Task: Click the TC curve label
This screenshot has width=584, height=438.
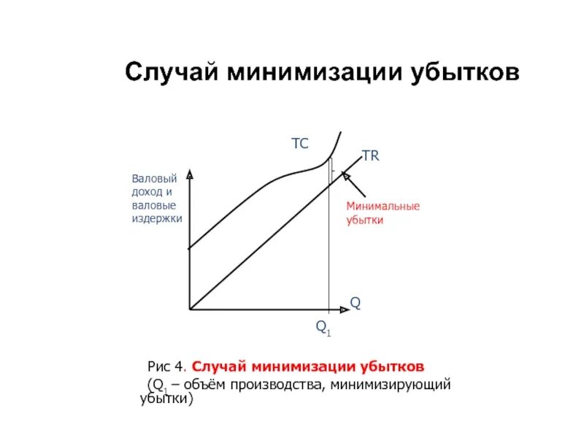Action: pyautogui.click(x=300, y=145)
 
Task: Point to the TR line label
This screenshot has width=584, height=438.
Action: pyautogui.click(x=371, y=156)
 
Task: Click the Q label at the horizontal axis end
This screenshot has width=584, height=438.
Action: pyautogui.click(x=356, y=302)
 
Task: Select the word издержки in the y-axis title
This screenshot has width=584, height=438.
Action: pyautogui.click(x=157, y=218)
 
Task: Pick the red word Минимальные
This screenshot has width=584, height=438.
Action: pyautogui.click(x=383, y=206)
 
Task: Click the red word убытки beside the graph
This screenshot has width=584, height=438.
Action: pyautogui.click(x=364, y=219)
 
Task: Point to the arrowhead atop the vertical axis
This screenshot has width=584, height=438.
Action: pyautogui.click(x=190, y=174)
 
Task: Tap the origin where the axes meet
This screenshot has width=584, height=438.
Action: pyautogui.click(x=190, y=310)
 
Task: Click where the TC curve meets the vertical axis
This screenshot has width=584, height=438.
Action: pyautogui.click(x=190, y=250)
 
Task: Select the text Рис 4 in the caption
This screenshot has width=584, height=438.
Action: pyautogui.click(x=167, y=366)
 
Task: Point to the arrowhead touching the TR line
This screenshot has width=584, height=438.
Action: pyautogui.click(x=345, y=174)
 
